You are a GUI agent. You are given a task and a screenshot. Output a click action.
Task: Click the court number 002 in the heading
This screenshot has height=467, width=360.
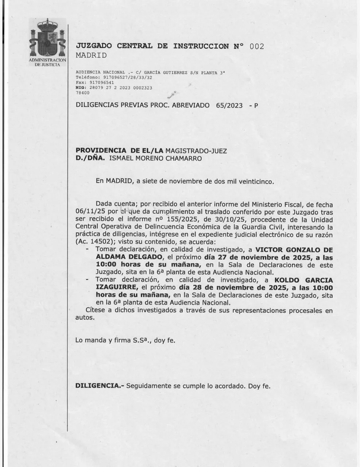tap(256, 46)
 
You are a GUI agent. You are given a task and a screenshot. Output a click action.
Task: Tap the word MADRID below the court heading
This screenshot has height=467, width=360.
tap(91, 55)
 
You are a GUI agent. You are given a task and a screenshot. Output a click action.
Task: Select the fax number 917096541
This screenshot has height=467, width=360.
tap(102, 82)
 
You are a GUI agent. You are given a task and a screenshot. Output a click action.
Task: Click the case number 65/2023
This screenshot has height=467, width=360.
tap(229, 106)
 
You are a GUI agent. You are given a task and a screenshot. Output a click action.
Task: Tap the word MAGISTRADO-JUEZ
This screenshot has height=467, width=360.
tap(196, 150)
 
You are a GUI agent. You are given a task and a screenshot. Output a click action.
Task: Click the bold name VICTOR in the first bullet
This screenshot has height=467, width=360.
tap(268, 250)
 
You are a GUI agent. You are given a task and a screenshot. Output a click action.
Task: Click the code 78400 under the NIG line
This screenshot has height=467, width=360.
tap(83, 93)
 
